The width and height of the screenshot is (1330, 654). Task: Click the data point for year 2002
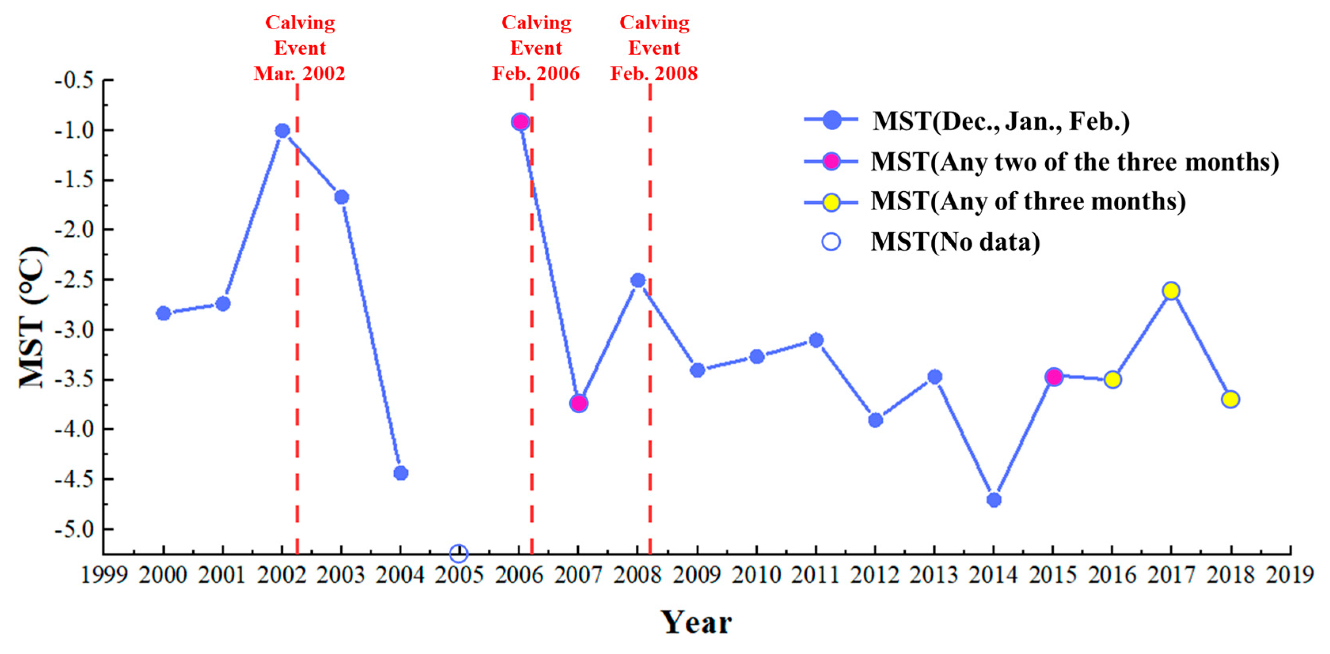(x=282, y=131)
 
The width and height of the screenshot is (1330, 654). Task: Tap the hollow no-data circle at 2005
(x=458, y=554)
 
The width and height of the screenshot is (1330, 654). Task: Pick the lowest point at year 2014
(x=994, y=500)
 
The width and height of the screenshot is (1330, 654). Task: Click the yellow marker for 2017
(x=1171, y=291)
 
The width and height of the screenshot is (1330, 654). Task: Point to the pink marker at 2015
(x=1053, y=377)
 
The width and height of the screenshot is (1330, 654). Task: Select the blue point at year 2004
(x=401, y=473)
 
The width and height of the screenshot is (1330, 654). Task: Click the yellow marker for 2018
(x=1230, y=399)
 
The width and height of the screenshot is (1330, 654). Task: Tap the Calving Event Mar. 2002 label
(x=300, y=48)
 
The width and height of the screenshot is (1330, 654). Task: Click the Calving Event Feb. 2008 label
(x=654, y=48)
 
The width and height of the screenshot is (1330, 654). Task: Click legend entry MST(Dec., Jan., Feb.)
(x=1001, y=121)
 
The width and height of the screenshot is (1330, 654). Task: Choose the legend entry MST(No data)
(x=955, y=241)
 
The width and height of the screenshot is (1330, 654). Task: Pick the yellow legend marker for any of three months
(x=831, y=202)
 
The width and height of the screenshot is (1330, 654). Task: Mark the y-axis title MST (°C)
(x=32, y=317)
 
